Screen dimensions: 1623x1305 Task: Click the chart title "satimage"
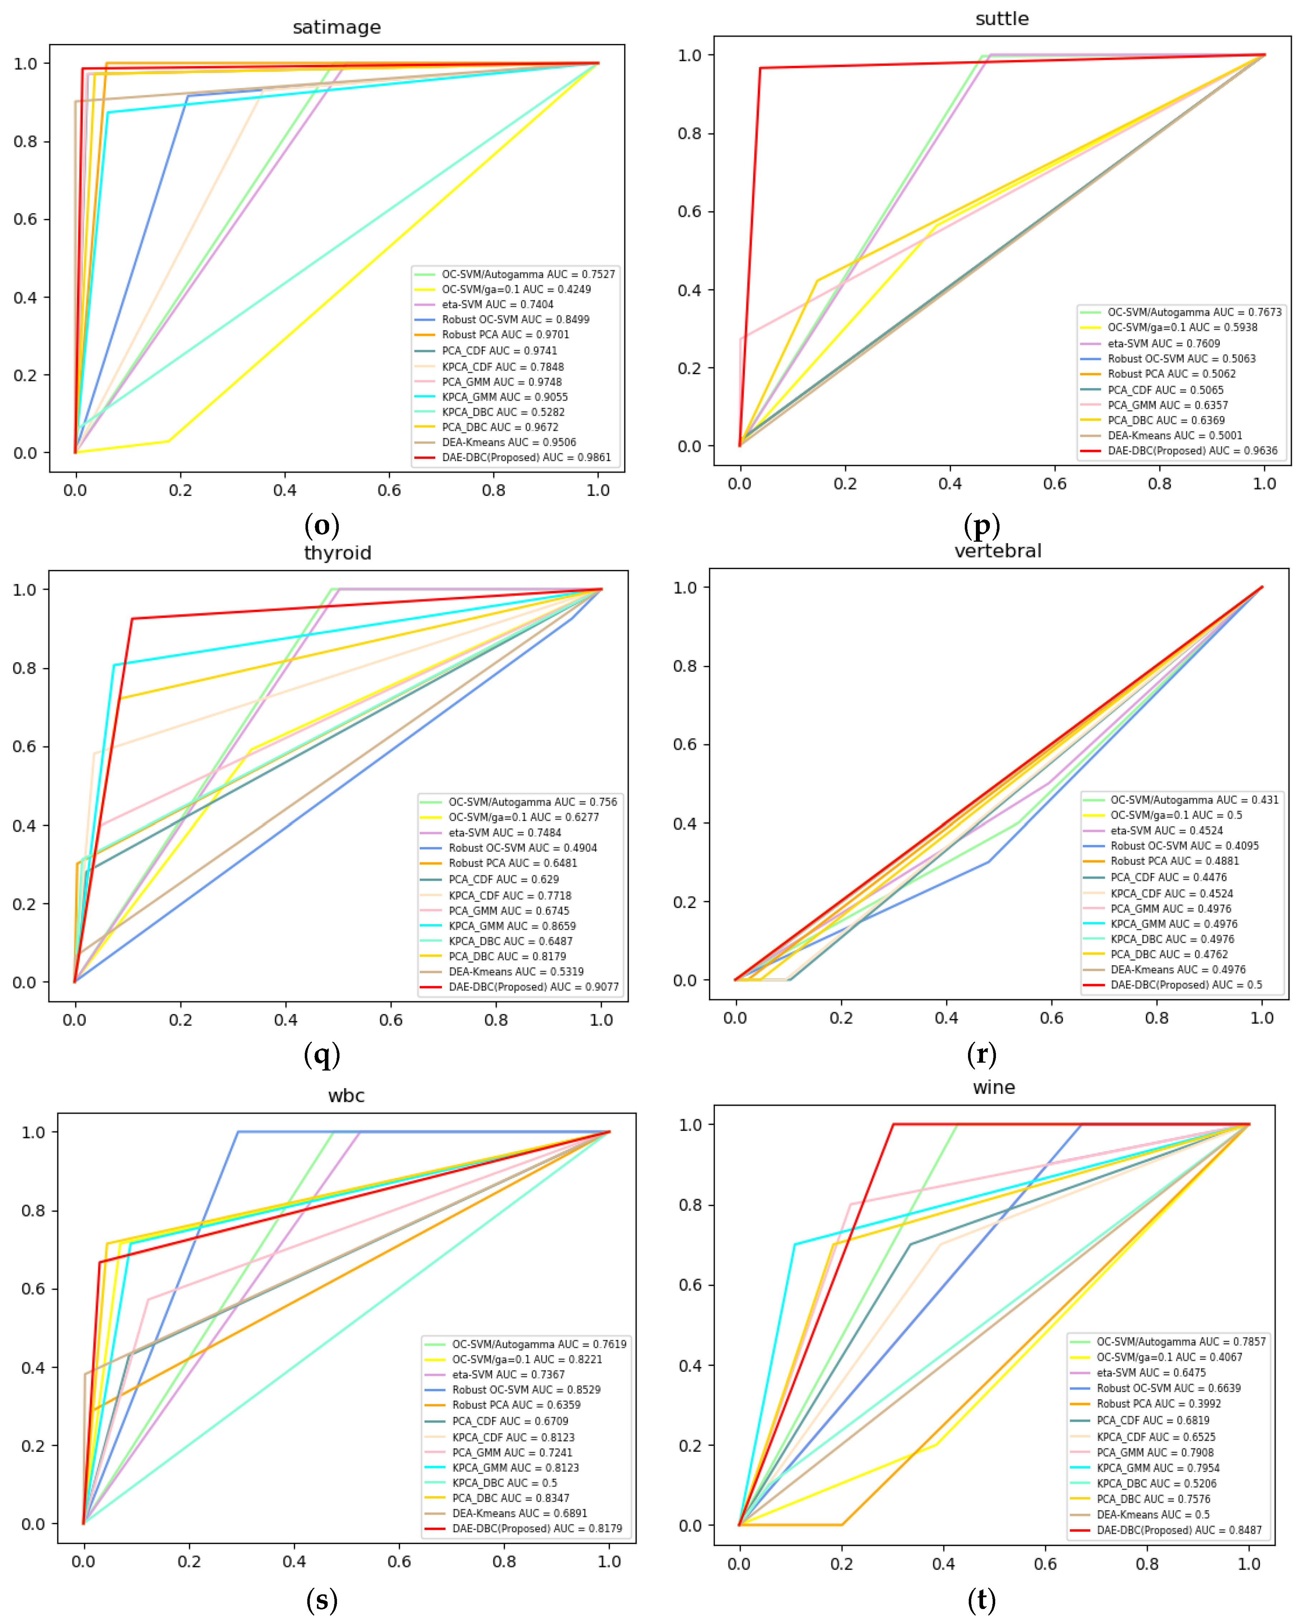[x=337, y=28]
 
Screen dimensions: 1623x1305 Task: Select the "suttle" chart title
[x=1002, y=19]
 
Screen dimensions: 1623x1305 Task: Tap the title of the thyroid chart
[x=337, y=553]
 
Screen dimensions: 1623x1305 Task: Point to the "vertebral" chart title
[x=998, y=551]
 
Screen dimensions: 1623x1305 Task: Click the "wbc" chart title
[x=346, y=1095]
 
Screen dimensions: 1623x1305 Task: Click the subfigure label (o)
[x=322, y=526]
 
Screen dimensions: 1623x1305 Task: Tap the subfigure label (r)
[x=981, y=1054]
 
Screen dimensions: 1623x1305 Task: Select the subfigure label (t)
[x=981, y=1600]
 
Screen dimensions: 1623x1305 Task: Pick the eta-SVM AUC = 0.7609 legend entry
[x=1164, y=343]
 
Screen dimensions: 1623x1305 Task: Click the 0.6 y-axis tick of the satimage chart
[x=25, y=219]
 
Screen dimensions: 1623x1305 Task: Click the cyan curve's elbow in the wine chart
[x=794, y=1244]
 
